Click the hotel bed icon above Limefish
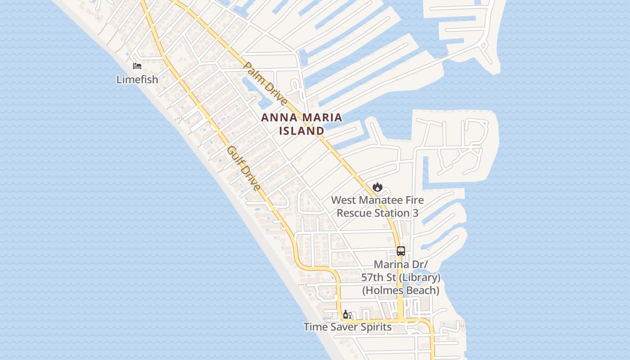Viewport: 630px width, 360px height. tap(137, 66)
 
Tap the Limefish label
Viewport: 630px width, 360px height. tap(137, 80)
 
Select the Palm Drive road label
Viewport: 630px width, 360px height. tap(265, 84)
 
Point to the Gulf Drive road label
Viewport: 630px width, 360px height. tap(243, 168)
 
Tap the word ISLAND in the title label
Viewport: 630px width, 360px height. tap(301, 131)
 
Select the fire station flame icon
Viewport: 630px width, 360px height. tap(377, 186)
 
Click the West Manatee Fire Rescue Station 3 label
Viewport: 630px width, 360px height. tap(378, 206)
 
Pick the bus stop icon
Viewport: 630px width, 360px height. tap(401, 251)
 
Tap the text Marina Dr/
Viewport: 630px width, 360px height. tap(401, 264)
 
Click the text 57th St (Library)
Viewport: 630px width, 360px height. tap(401, 277)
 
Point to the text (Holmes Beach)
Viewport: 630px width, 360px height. tap(401, 290)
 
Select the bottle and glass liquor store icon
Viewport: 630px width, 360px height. tap(347, 315)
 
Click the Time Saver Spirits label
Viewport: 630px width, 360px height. tap(347, 327)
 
